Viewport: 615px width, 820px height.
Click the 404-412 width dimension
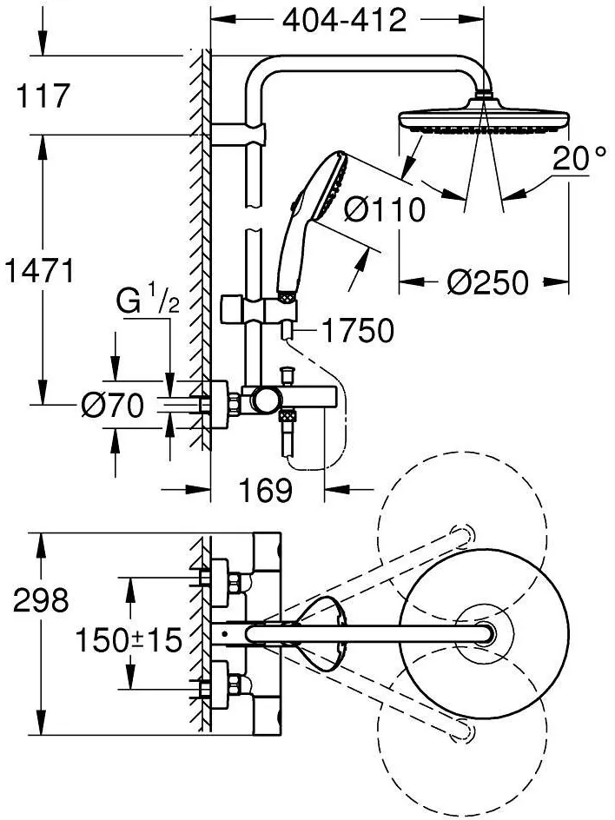pos(344,20)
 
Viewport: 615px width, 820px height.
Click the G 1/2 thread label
pos(148,304)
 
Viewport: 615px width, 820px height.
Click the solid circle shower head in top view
pos(485,633)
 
